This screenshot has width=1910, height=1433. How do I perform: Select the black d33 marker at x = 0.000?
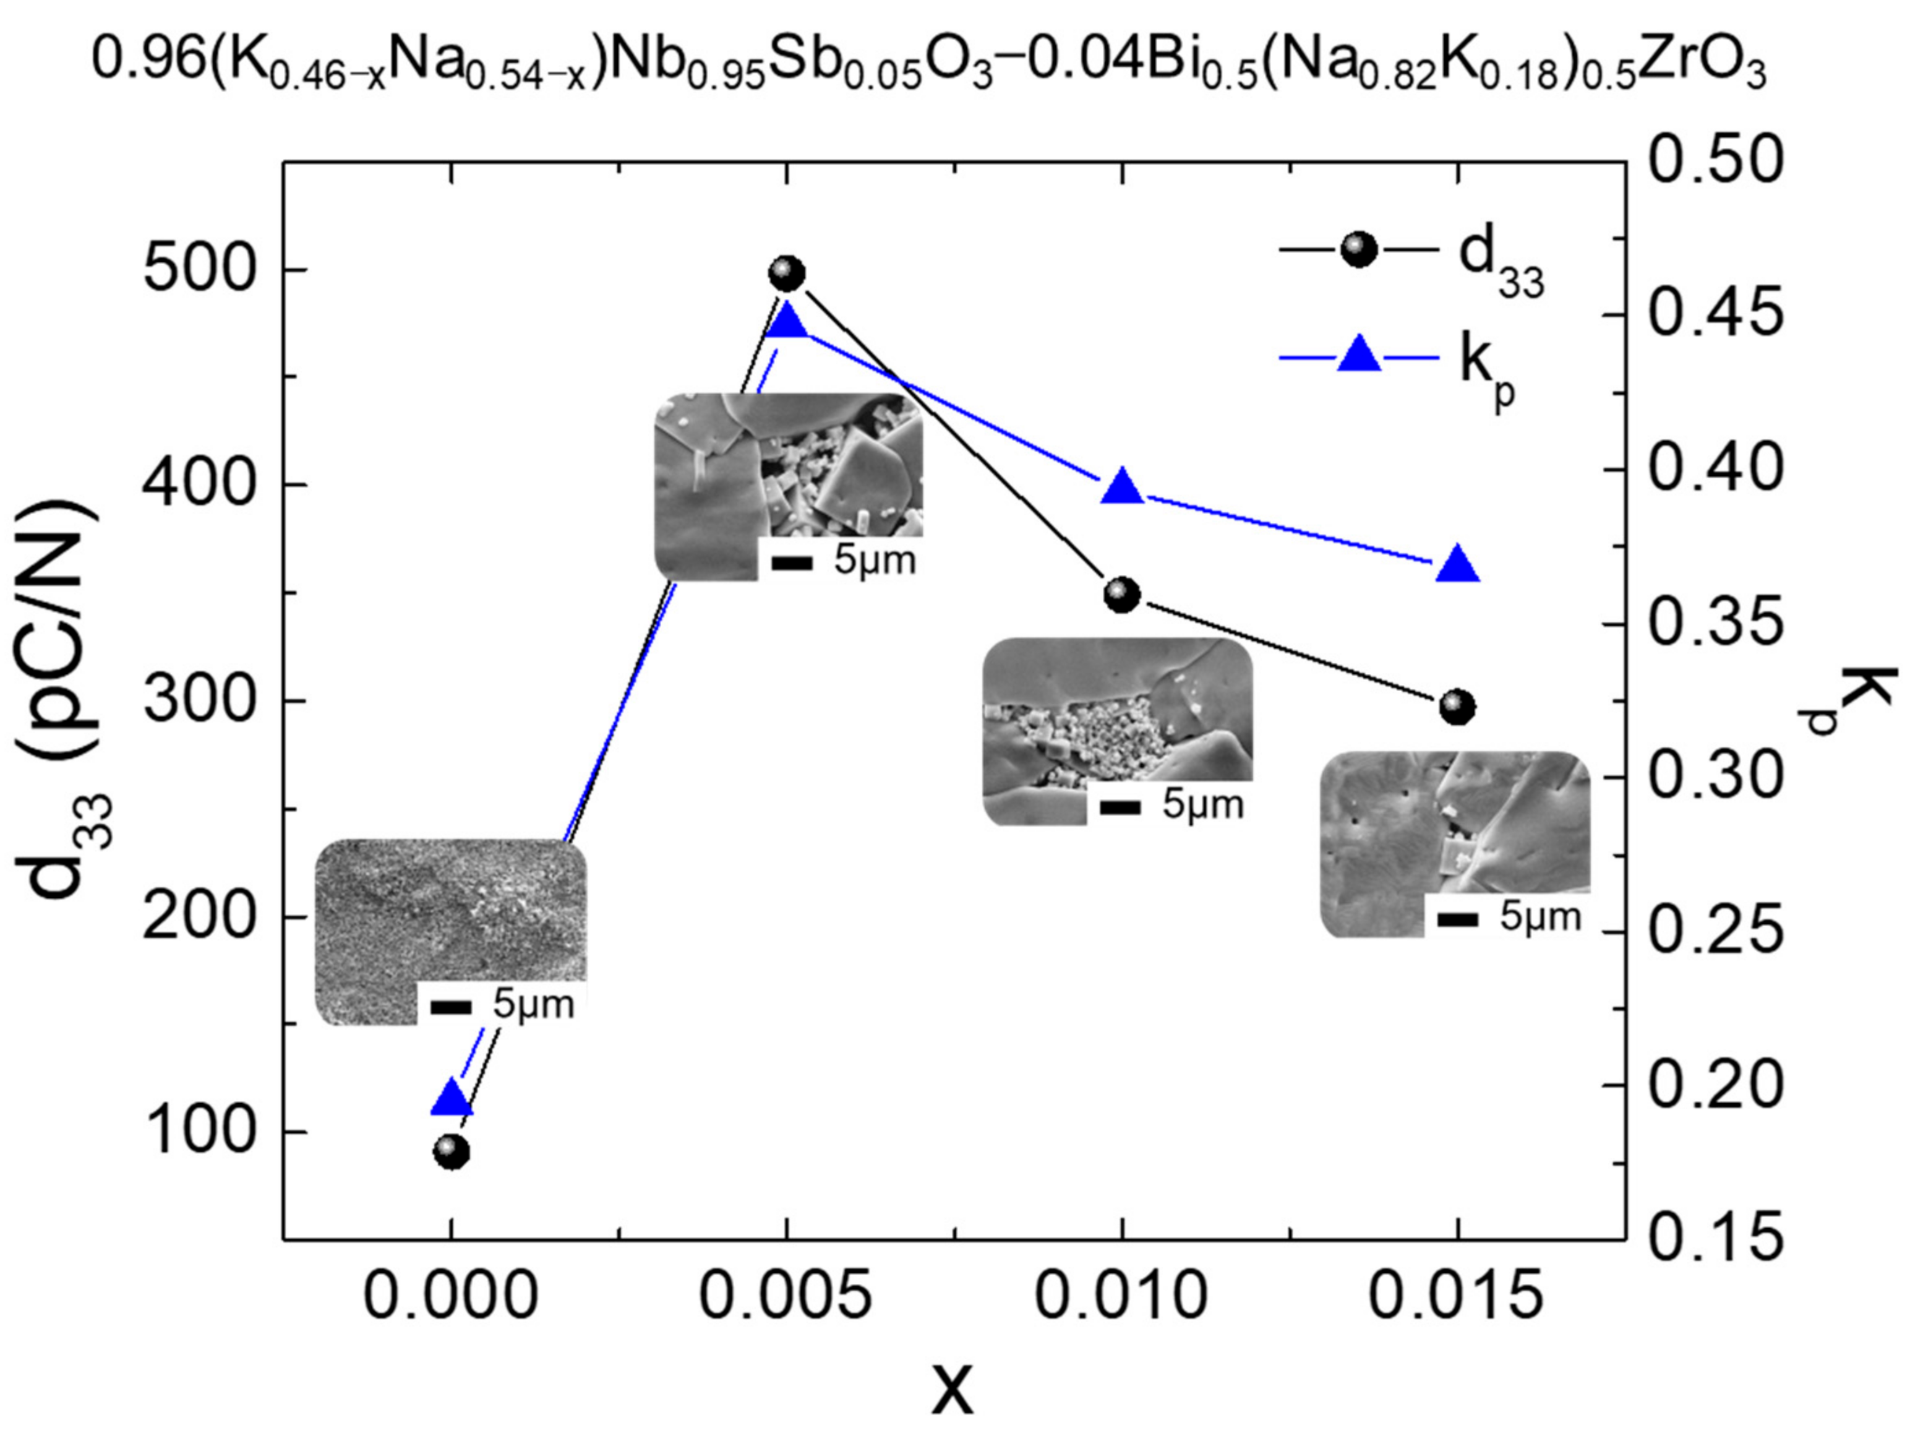451,1151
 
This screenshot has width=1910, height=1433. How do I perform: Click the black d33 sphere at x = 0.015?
1457,707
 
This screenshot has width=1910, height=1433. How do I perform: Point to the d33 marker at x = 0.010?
1121,594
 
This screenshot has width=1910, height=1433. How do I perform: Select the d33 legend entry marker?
1358,251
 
